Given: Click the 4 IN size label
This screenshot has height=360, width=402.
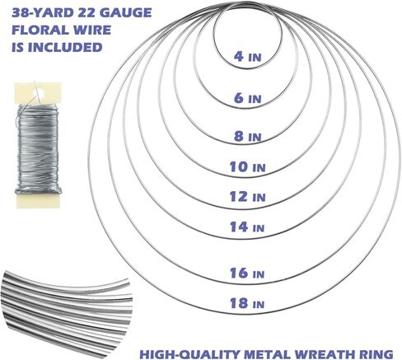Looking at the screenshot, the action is click(247, 56).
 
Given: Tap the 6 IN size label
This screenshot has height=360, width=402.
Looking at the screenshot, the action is click(247, 98).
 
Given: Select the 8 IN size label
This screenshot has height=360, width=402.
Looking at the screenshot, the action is click(247, 136).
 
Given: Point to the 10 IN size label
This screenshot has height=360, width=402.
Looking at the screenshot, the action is click(247, 167).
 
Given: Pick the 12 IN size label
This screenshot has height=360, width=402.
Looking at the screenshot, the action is click(247, 197).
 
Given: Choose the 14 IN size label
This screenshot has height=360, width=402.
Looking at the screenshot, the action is click(247, 227).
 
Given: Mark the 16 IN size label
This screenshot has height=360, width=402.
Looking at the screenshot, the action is click(247, 273).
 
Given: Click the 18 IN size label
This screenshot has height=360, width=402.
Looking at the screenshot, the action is click(247, 303).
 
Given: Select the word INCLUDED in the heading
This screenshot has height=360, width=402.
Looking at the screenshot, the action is click(65, 47).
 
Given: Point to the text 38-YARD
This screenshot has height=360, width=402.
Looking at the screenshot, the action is click(43, 13).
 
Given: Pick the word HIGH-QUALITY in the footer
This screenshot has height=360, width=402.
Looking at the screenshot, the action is click(189, 353).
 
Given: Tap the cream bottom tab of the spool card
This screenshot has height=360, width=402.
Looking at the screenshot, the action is click(38, 200).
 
